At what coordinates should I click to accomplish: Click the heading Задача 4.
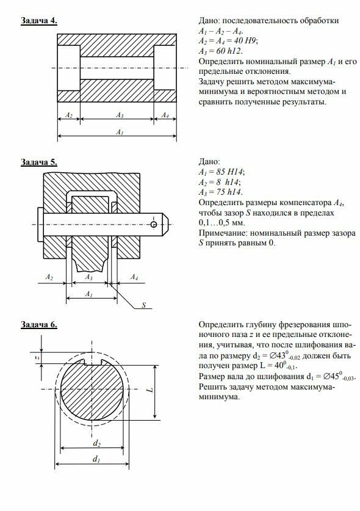pyautogui.click(x=39, y=21)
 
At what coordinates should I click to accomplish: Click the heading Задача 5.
pyautogui.click(x=39, y=162)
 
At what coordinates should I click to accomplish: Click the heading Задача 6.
pyautogui.click(x=39, y=325)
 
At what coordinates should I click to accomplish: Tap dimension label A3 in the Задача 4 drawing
pyautogui.click(x=120, y=115)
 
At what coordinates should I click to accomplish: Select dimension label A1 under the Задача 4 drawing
pyautogui.click(x=120, y=132)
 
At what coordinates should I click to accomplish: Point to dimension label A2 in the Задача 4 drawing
pyautogui.click(x=69, y=115)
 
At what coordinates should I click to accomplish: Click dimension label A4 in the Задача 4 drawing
pyautogui.click(x=165, y=115)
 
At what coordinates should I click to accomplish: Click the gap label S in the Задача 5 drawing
pyautogui.click(x=143, y=305)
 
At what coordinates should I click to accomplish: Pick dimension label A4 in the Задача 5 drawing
pyautogui.click(x=134, y=277)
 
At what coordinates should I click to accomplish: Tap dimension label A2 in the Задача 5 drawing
pyautogui.click(x=49, y=277)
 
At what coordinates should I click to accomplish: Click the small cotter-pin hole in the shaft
pyautogui.click(x=154, y=224)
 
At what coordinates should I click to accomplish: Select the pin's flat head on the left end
pyautogui.click(x=41, y=225)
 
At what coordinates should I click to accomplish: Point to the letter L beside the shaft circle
pyautogui.click(x=150, y=390)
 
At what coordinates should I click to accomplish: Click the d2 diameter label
pyautogui.click(x=97, y=443)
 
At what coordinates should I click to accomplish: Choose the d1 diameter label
pyautogui.click(x=96, y=459)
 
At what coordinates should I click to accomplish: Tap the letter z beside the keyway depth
pyautogui.click(x=37, y=358)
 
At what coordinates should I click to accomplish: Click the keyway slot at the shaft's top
pyautogui.click(x=93, y=362)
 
